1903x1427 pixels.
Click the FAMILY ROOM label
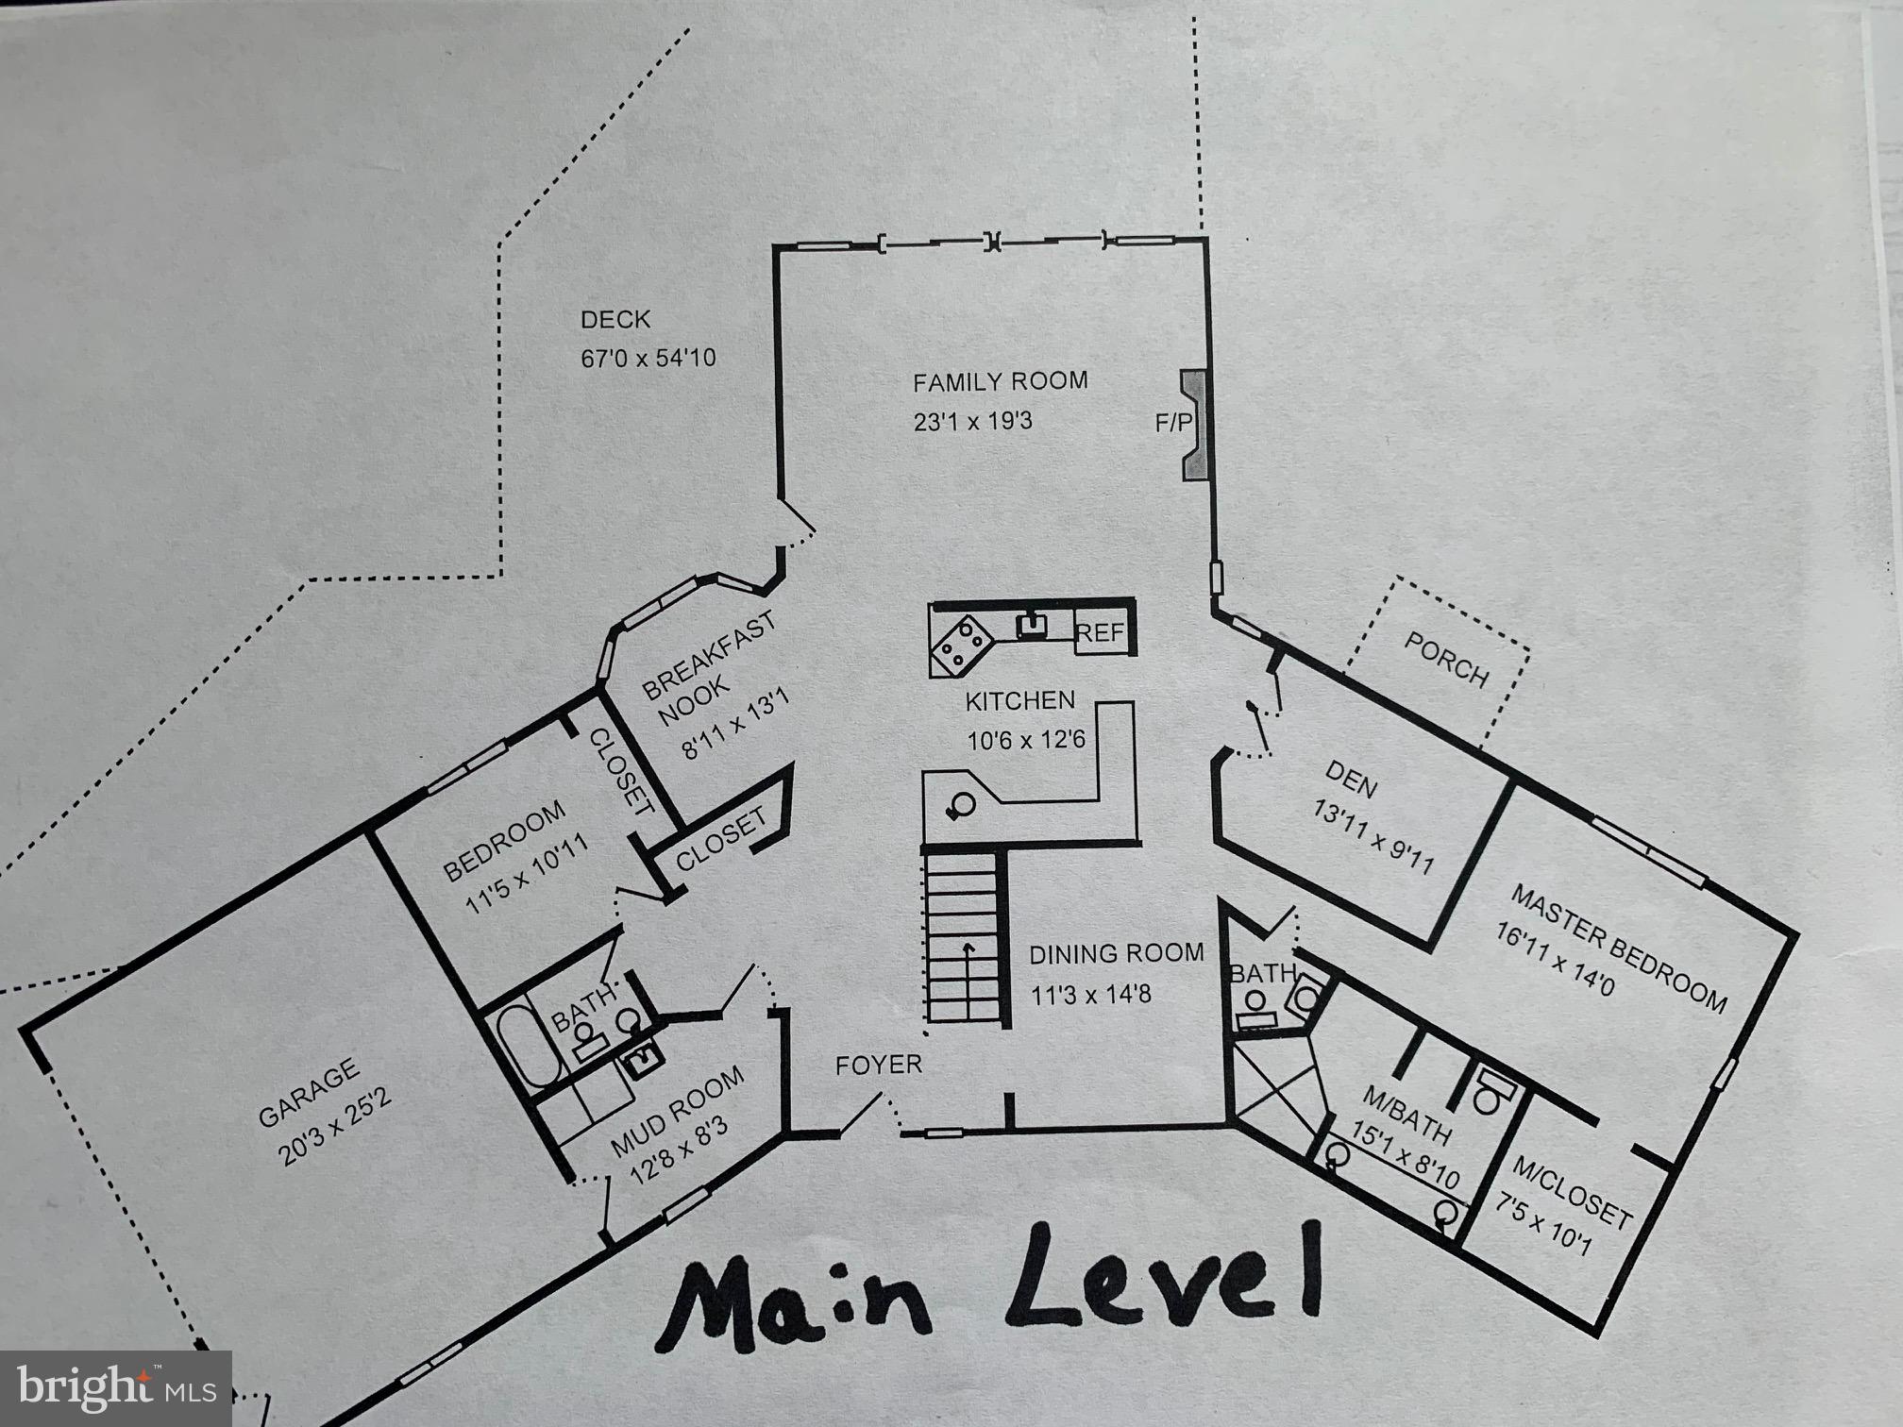point(1000,382)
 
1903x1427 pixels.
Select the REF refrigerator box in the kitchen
point(1101,632)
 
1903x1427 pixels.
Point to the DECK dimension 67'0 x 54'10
point(648,359)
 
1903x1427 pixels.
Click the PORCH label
point(1446,660)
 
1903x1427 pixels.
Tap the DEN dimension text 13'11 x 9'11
point(1373,837)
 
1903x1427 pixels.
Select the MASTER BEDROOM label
point(1618,948)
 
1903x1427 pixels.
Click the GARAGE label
point(309,1093)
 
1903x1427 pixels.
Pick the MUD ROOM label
point(677,1115)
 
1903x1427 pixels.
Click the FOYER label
point(878,1066)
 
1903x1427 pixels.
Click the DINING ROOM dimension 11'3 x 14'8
point(1090,995)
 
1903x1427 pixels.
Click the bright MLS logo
point(115,1388)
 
